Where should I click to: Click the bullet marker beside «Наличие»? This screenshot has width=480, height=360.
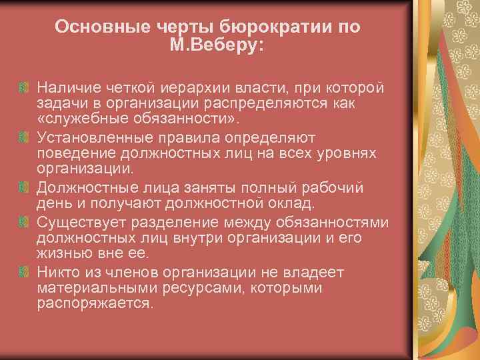click(23, 87)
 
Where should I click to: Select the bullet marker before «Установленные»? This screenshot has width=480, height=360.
click(23, 137)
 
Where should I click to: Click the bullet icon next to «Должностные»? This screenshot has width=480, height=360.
click(23, 185)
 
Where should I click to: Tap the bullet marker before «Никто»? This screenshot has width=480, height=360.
click(23, 271)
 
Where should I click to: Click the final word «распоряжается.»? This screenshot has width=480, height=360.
click(95, 304)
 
